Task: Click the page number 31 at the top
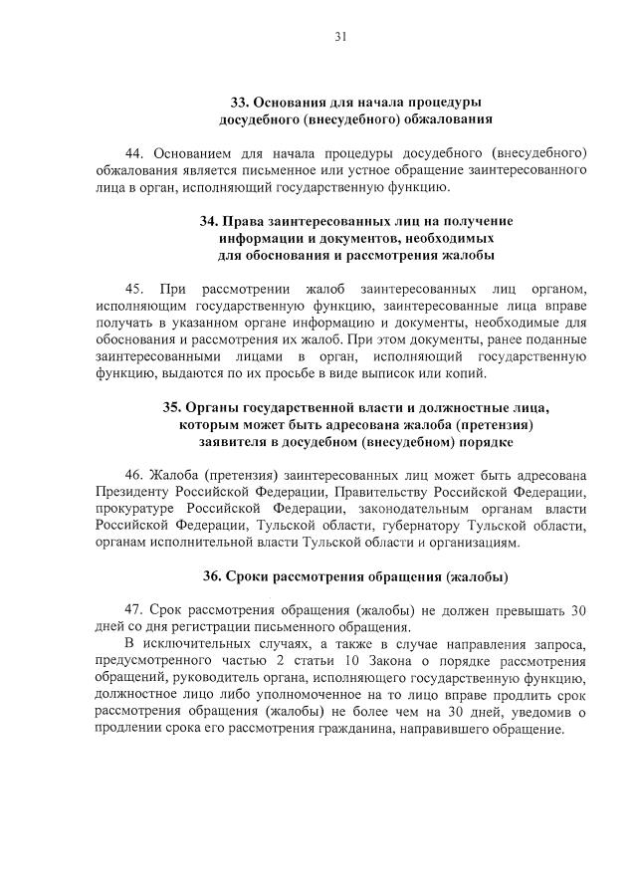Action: coord(339,37)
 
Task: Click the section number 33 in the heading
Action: coord(240,103)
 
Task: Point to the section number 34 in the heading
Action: coord(208,220)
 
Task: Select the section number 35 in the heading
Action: coord(171,407)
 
